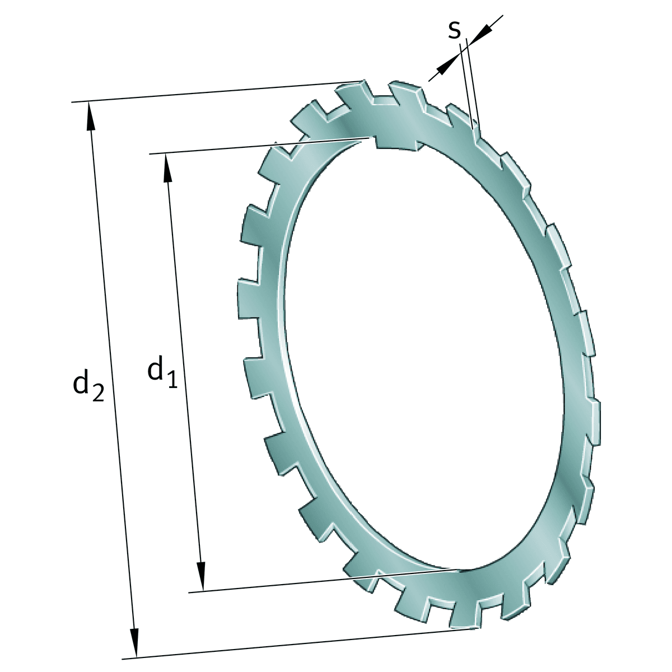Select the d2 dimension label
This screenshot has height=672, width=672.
pyautogui.click(x=88, y=386)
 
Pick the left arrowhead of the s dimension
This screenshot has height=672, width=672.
pyautogui.click(x=445, y=66)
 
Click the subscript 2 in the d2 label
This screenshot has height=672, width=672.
pyautogui.click(x=97, y=394)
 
